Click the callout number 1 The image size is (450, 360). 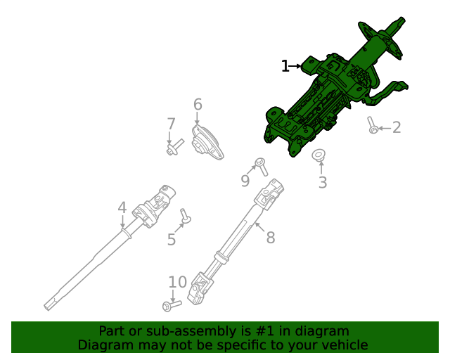pyautogui.click(x=285, y=67)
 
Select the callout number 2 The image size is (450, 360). pyautogui.click(x=397, y=127)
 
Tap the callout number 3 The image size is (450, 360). pyautogui.click(x=323, y=184)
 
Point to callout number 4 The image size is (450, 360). pyautogui.click(x=122, y=208)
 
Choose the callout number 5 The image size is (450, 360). pyautogui.click(x=172, y=240)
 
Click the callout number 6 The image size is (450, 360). pyautogui.click(x=198, y=105)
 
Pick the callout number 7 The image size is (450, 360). pyautogui.click(x=171, y=124)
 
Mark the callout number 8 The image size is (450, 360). pyautogui.click(x=270, y=238)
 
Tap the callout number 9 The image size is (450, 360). pyautogui.click(x=245, y=181)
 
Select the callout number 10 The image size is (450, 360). pyautogui.click(x=177, y=283)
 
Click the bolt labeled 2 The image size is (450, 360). pyautogui.click(x=372, y=125)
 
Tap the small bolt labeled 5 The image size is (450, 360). pyautogui.click(x=186, y=216)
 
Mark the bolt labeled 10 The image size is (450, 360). pyautogui.click(x=171, y=305)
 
